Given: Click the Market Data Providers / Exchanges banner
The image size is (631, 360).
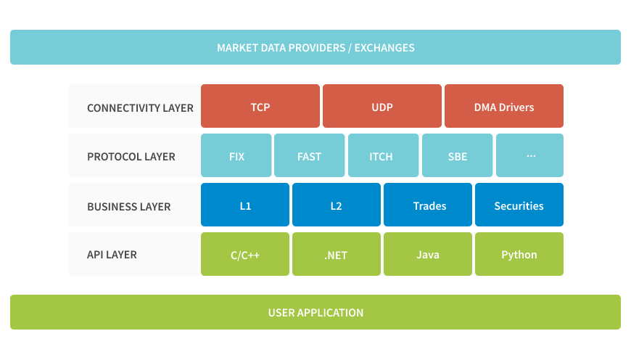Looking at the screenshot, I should coord(315,47).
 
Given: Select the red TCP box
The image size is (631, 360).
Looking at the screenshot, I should coord(260,107).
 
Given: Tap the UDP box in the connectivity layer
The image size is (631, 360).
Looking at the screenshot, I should coord(382,107).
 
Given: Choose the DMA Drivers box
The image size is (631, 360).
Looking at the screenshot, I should coord(503,107).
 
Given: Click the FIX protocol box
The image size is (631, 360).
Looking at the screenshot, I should coord(236,156).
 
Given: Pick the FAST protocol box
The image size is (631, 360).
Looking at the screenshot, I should coord(309,156).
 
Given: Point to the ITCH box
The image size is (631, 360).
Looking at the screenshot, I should coord(383,156).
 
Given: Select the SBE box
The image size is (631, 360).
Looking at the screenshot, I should coord(457,156).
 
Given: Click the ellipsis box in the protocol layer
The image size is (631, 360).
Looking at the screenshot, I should coord(530,156).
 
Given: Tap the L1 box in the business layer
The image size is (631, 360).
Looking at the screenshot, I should coord(245,205).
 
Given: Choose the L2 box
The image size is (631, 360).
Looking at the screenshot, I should coord(336,205).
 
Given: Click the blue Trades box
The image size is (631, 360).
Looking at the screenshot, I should coord(428,205).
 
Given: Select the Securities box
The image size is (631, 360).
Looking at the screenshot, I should coord(519,205).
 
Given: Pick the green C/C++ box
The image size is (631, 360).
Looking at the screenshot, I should coord(245,255).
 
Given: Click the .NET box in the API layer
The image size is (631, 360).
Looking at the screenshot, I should coord(336,255).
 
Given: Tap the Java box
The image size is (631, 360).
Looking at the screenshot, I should coord(428,255).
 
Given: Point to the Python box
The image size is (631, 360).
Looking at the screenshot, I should coord(519,255).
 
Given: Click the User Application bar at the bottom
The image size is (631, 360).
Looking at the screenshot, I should coord(315,313).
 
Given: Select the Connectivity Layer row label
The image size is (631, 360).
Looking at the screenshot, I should coord(140,107).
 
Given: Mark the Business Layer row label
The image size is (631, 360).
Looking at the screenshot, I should coord(128,206).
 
